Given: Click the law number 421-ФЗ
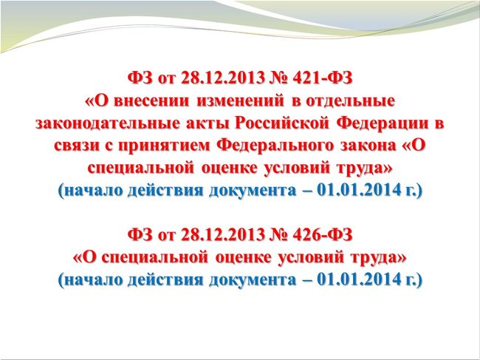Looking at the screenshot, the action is (x=323, y=78).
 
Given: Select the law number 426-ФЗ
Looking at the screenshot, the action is (x=323, y=234).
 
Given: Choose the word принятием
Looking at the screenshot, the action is (x=165, y=147).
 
